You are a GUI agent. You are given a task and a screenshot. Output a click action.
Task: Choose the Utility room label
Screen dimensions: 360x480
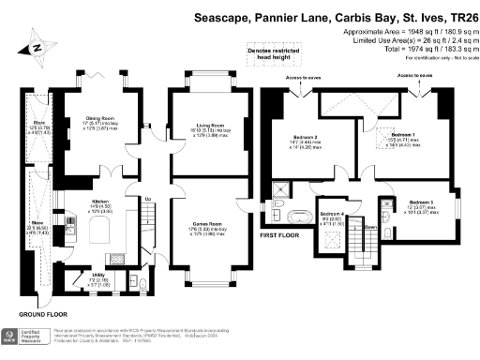coord(85,272)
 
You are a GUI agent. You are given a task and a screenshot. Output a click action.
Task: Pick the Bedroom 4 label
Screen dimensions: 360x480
coord(332,215)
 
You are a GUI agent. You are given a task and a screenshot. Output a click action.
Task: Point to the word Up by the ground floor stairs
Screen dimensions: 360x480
coord(147,199)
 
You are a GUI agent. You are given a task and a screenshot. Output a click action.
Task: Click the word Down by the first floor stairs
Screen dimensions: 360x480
coord(370,226)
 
